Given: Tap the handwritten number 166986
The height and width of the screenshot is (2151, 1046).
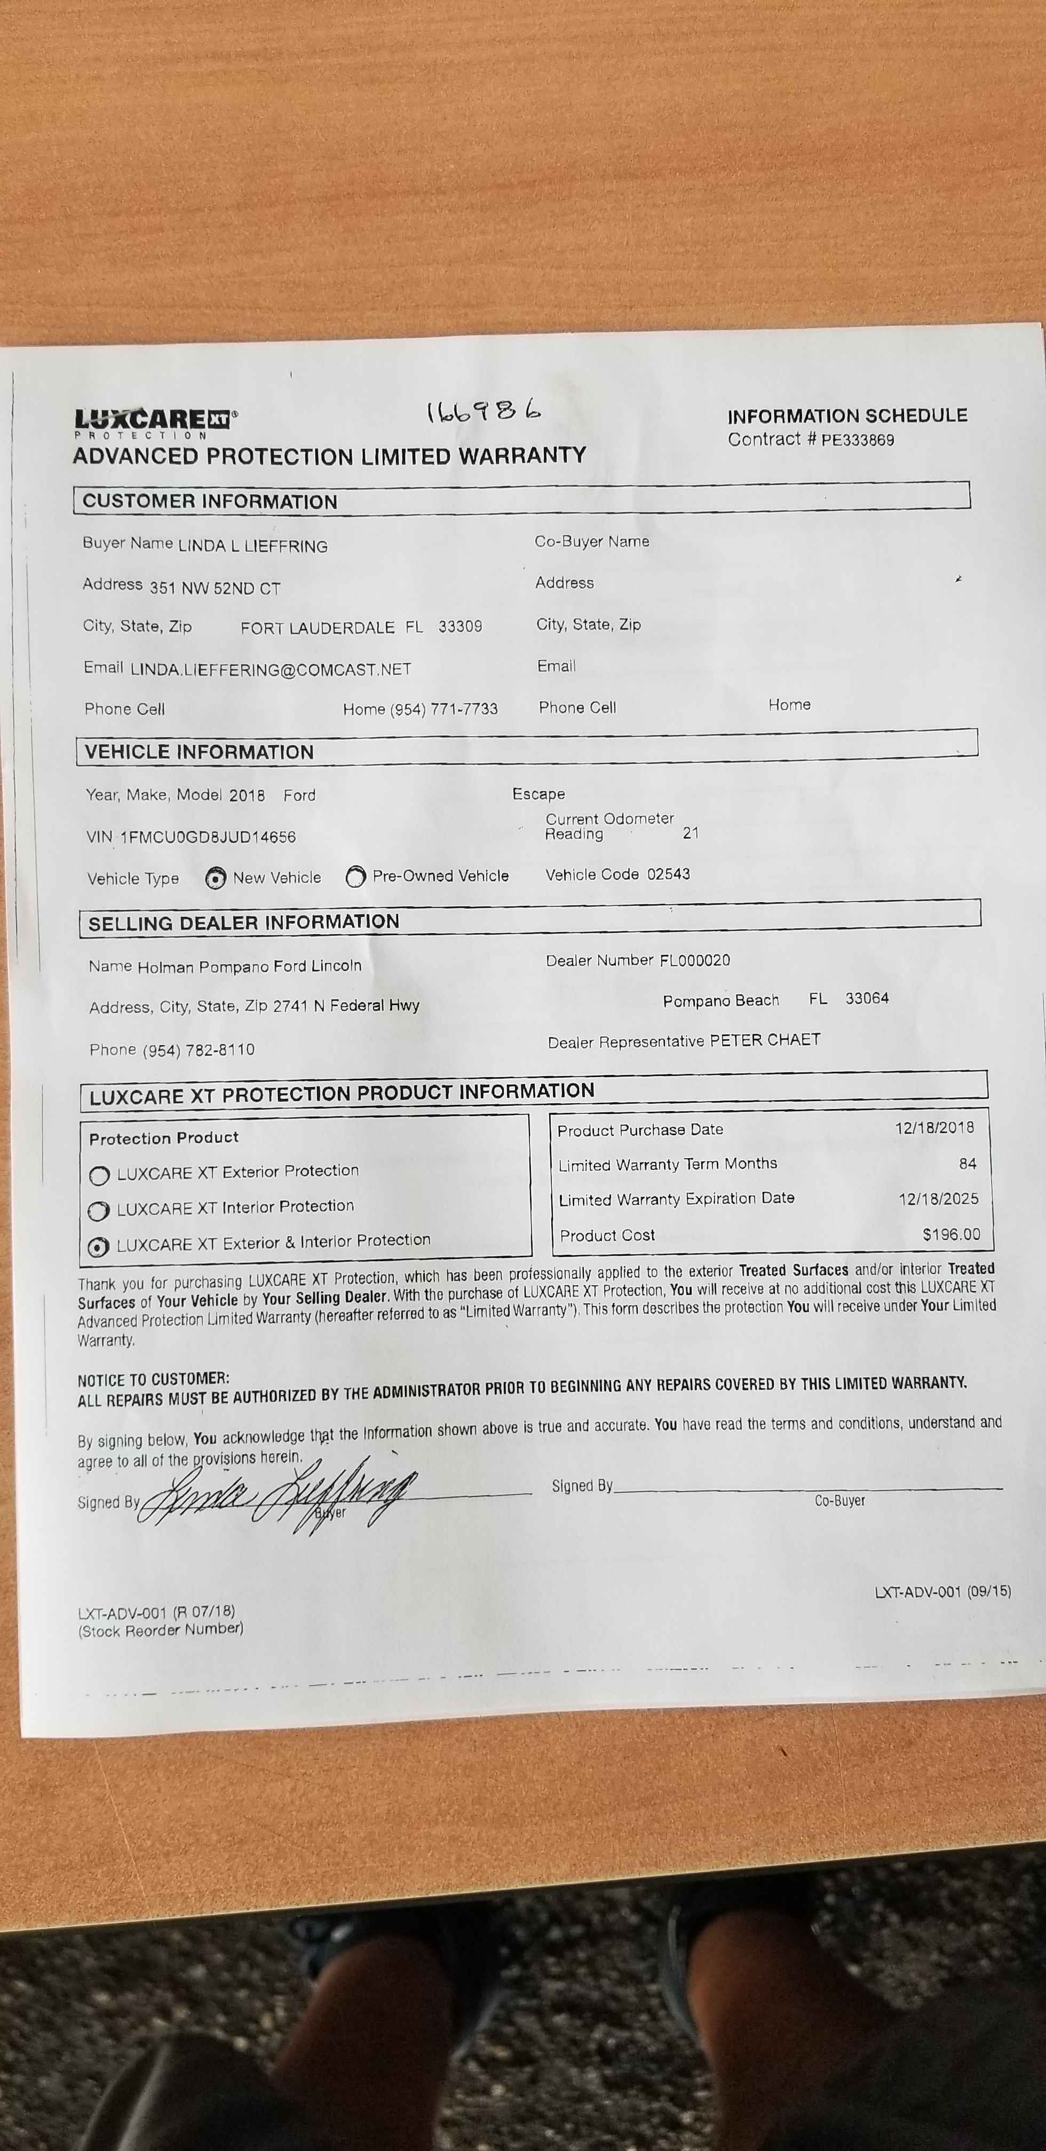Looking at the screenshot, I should [484, 411].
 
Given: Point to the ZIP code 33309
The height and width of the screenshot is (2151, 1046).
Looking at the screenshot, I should [461, 626].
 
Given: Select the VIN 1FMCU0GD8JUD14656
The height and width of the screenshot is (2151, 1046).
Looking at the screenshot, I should [208, 837].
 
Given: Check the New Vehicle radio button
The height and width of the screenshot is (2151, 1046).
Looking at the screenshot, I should [216, 879].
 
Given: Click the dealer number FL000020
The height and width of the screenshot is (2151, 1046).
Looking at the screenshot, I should [694, 960].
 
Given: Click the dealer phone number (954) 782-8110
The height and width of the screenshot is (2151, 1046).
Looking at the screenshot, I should [199, 1049].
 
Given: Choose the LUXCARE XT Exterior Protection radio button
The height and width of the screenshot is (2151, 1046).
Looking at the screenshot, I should [99, 1176].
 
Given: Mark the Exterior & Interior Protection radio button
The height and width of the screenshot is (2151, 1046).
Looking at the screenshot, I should [99, 1247].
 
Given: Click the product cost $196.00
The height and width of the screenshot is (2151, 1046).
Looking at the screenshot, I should [951, 1234].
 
